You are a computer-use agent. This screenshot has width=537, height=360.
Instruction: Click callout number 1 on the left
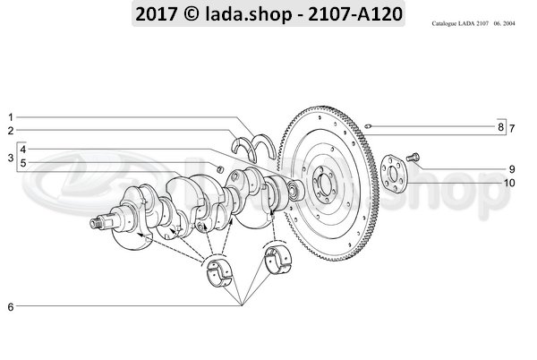pos(10,117)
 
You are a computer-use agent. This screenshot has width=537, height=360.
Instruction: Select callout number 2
pos(11,131)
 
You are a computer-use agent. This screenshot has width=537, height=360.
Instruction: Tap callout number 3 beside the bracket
pos(11,158)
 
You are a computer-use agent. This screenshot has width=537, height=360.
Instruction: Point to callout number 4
pos(23,150)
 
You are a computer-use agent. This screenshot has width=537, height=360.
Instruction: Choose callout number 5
pos(23,163)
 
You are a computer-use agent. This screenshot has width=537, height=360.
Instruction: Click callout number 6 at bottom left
pos(11,307)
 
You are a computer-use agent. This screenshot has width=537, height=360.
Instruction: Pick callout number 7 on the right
pos(512,128)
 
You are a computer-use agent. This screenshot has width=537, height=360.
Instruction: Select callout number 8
pos(500,127)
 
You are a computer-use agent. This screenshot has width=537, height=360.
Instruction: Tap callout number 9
pos(512,169)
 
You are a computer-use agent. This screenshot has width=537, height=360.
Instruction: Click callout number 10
pos(509,183)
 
